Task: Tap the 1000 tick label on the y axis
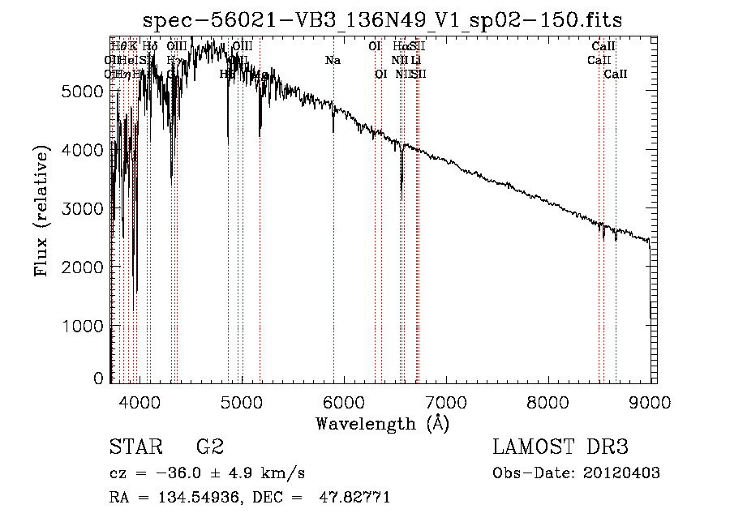(x=83, y=326)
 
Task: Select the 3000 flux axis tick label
(x=83, y=208)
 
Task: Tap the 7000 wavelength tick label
(x=446, y=402)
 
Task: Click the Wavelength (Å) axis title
(x=382, y=423)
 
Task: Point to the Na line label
(x=333, y=61)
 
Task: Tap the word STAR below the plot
(x=133, y=447)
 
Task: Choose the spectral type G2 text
(x=210, y=447)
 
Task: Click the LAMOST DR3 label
(x=560, y=447)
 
